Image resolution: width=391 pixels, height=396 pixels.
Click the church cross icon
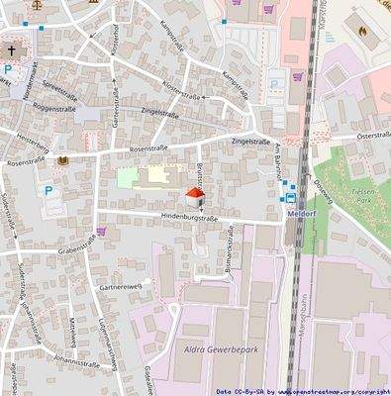12,49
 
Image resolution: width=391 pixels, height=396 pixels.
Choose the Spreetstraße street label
60,91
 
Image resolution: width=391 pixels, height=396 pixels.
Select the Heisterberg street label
30,145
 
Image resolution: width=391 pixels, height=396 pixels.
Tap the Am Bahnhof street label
280,160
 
